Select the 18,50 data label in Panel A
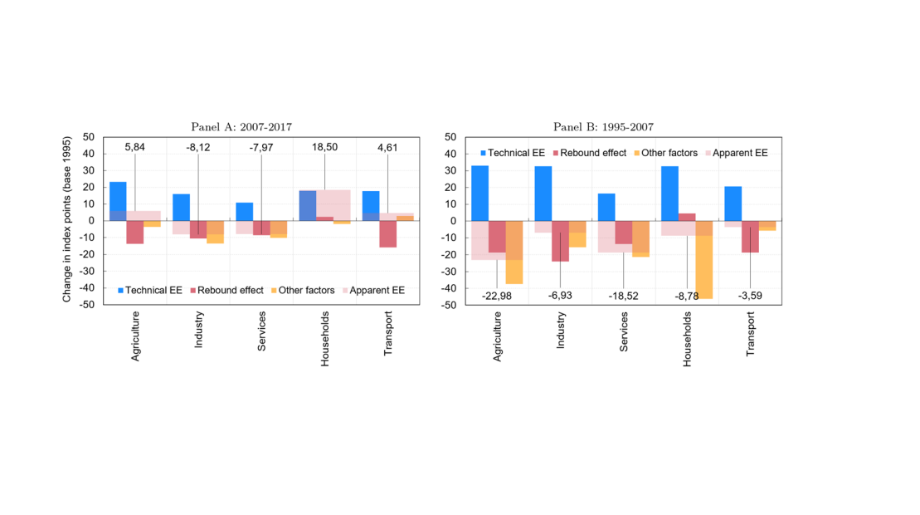tap(324, 147)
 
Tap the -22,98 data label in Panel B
tap(497, 295)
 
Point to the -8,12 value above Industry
tap(198, 147)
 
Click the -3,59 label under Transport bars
tap(750, 295)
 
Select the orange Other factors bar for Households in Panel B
tap(704, 266)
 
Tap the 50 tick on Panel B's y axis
tap(451, 137)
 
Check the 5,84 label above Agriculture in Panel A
tap(135, 147)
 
